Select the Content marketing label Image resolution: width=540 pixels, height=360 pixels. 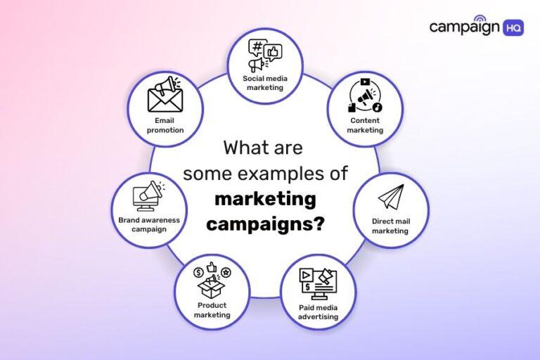click(x=366, y=126)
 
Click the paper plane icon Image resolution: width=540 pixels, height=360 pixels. click(x=390, y=198)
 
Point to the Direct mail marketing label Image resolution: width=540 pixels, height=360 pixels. click(x=390, y=226)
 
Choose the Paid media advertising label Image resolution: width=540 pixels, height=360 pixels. click(x=319, y=312)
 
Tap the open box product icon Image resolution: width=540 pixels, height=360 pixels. click(x=212, y=280)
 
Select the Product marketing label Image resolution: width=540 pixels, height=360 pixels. click(x=212, y=310)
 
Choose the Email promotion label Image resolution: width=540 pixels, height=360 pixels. click(x=165, y=125)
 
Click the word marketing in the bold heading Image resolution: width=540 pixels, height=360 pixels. click(x=265, y=200)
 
